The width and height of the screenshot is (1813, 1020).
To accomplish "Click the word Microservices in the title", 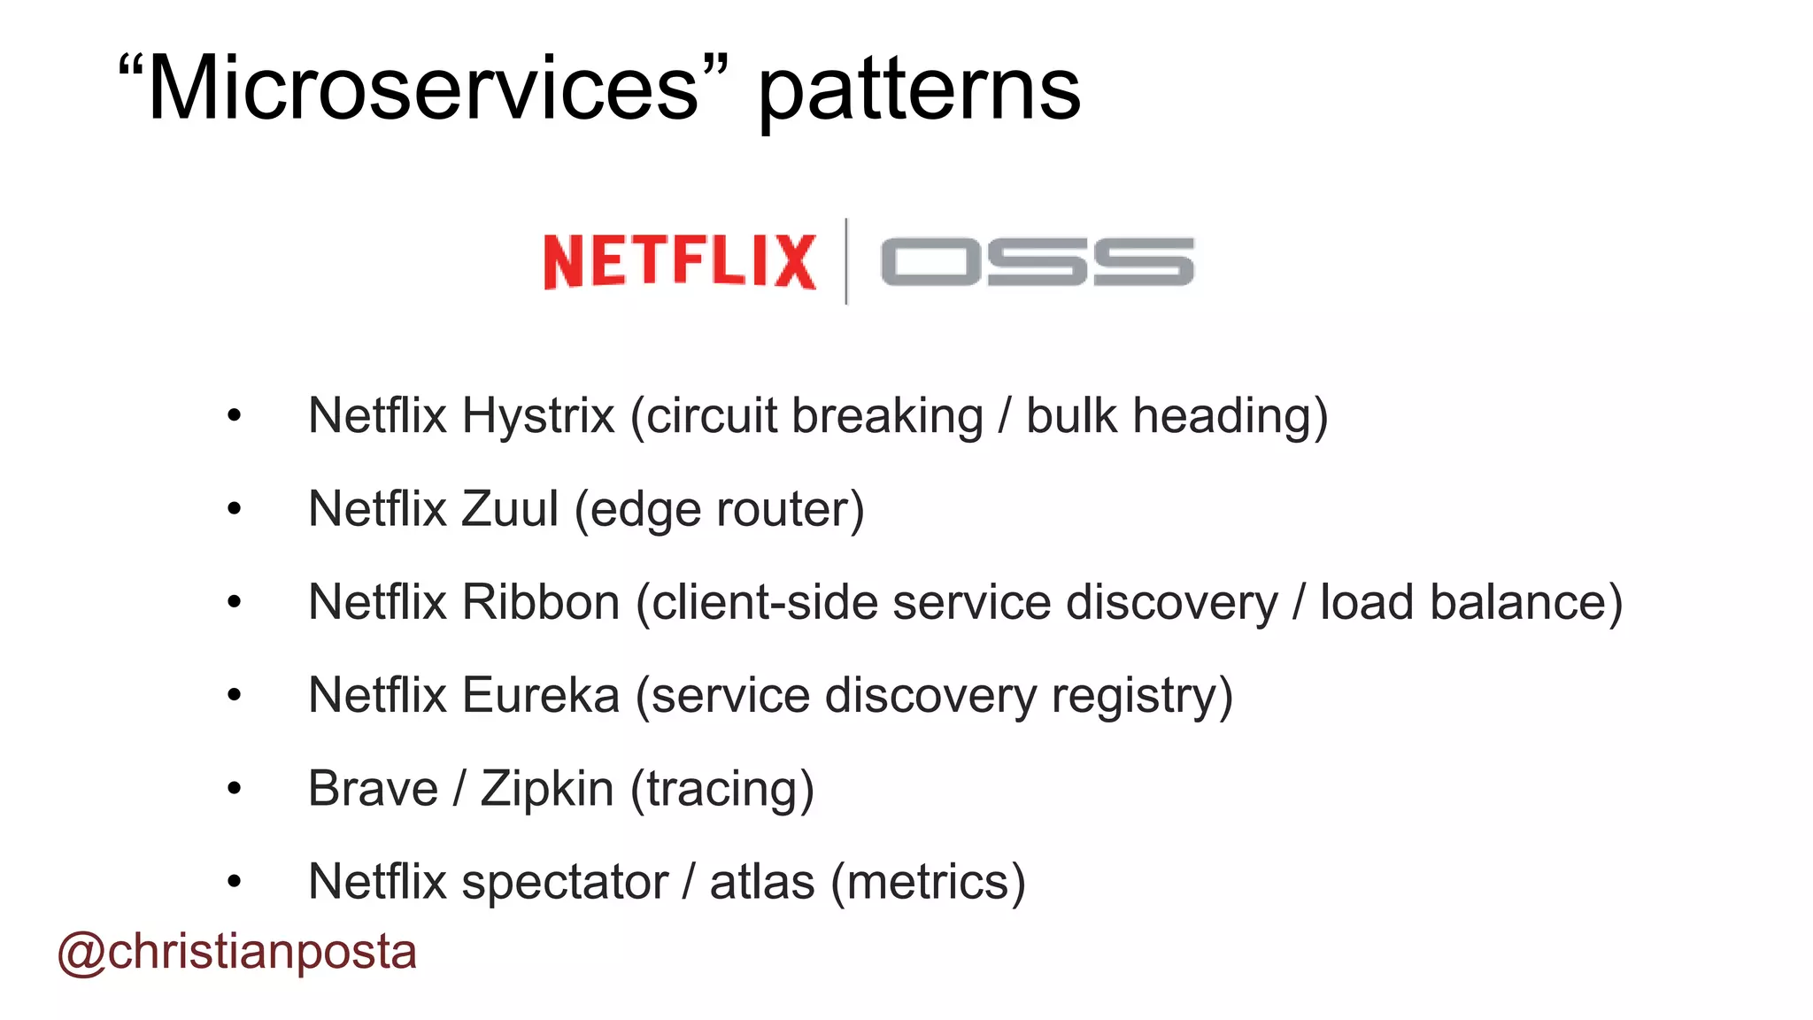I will pos(424,89).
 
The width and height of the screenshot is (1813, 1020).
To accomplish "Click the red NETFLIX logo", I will pos(679,261).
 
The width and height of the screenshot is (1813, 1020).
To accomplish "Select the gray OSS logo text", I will pos(1037,262).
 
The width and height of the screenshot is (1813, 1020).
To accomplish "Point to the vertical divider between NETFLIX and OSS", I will pos(846,261).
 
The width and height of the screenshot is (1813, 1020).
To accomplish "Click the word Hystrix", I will pos(538,415).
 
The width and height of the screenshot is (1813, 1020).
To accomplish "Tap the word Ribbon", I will pos(541,602).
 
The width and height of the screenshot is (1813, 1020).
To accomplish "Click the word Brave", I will pos(373,789).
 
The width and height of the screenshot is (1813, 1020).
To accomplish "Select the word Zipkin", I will pos(547,789).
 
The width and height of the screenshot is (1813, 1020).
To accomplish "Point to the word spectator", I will pos(564,883).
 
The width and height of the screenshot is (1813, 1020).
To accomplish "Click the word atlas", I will pos(762,883).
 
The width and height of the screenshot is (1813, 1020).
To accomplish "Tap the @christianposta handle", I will pos(237,953).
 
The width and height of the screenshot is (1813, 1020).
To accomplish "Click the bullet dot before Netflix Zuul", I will pos(234,509).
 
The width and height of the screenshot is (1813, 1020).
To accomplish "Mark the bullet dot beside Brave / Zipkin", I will pos(234,788).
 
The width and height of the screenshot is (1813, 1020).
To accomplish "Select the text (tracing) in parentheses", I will pos(721,789).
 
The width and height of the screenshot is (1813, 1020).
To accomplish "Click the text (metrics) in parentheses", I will pos(928,883).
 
